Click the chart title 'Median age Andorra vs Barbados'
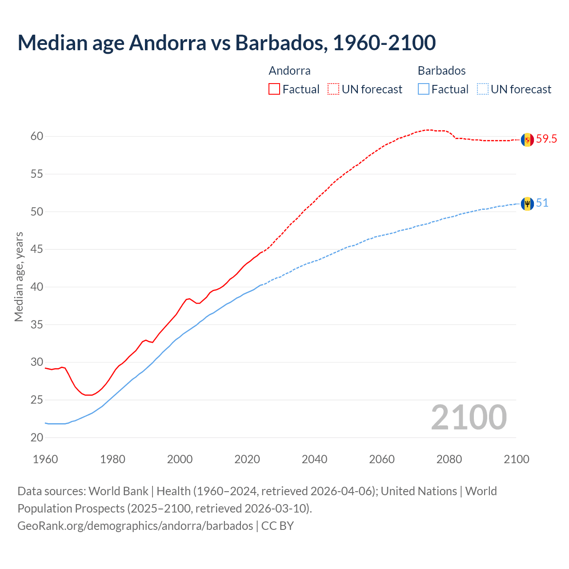pyautogui.click(x=226, y=43)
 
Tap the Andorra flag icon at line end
pyautogui.click(x=527, y=140)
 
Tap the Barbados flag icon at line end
pyautogui.click(x=527, y=204)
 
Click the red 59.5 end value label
pyautogui.click(x=546, y=139)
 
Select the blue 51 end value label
pyautogui.click(x=542, y=203)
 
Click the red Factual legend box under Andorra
pyautogui.click(x=274, y=89)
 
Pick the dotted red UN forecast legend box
pyautogui.click(x=333, y=89)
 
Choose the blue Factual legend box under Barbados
pyautogui.click(x=424, y=89)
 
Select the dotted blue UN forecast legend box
pyautogui.click(x=482, y=89)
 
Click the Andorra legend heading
pyautogui.click(x=289, y=71)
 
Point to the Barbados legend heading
pyautogui.click(x=441, y=71)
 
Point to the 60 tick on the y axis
pyautogui.click(x=37, y=136)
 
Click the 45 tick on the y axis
pyautogui.click(x=37, y=249)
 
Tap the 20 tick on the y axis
pyautogui.click(x=37, y=438)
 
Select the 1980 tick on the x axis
pyautogui.click(x=112, y=459)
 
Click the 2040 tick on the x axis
pyautogui.click(x=314, y=459)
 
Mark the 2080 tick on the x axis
pyautogui.click(x=449, y=459)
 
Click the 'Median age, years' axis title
pyautogui.click(x=19, y=276)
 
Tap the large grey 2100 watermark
pyautogui.click(x=469, y=417)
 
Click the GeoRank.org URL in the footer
pyautogui.click(x=135, y=526)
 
